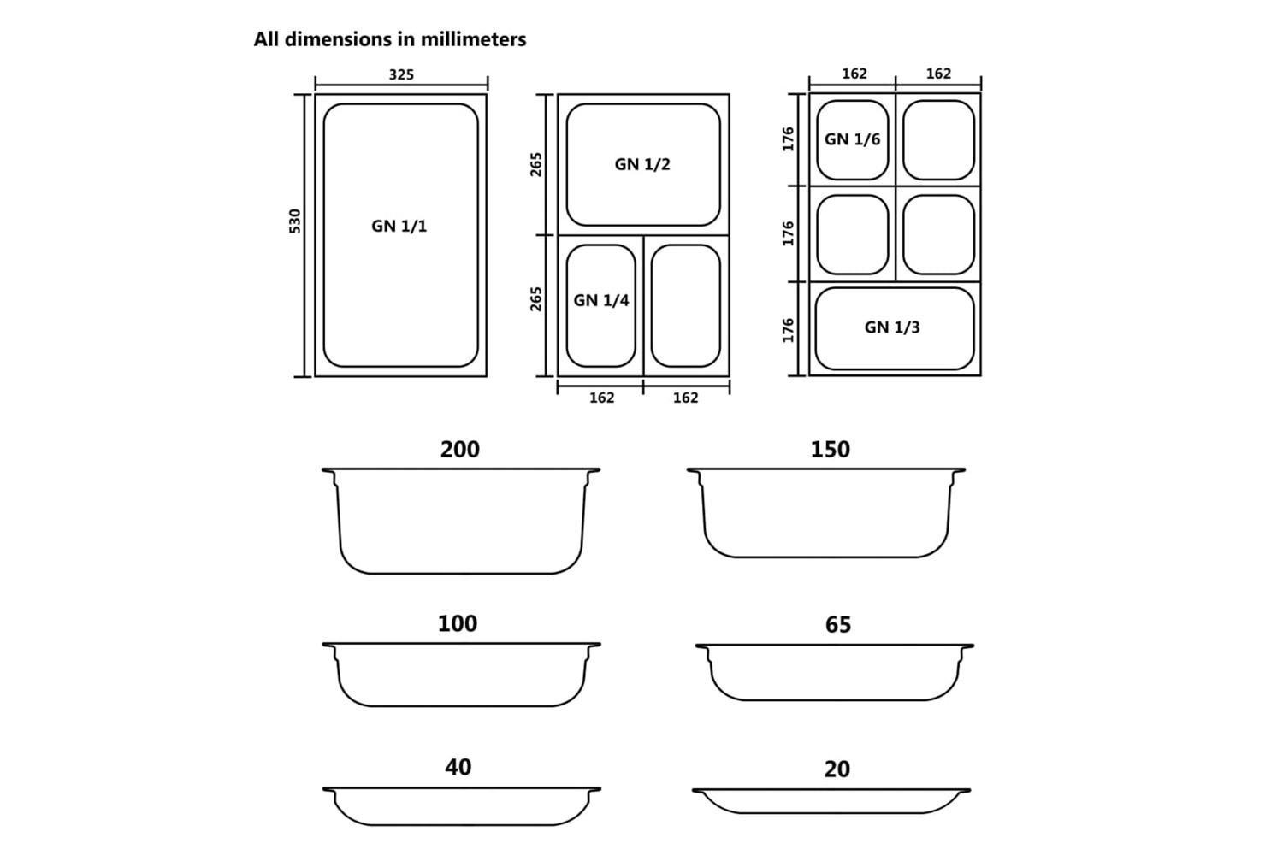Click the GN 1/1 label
pyautogui.click(x=399, y=227)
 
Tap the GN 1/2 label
pyautogui.click(x=642, y=164)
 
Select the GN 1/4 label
pyautogui.click(x=600, y=300)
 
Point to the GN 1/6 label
pyautogui.click(x=852, y=139)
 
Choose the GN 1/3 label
pyautogui.click(x=892, y=327)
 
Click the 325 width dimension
pyautogui.click(x=401, y=74)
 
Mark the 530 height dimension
pyautogui.click(x=294, y=221)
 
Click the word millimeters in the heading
pyautogui.click(x=473, y=39)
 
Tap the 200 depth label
pyautogui.click(x=460, y=450)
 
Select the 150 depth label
pyautogui.click(x=830, y=450)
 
